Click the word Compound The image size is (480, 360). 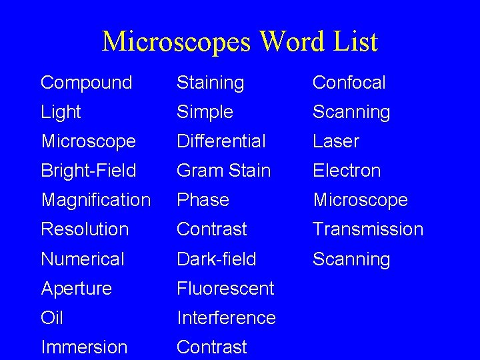point(87,83)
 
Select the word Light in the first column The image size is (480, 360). point(61,112)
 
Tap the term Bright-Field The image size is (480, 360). point(88,171)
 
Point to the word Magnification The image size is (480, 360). point(95,200)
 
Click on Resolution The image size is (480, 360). point(84,229)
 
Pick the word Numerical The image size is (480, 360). point(83,259)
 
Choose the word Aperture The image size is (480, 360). point(76,289)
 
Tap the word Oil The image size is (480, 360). point(52,317)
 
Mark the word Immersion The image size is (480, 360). point(84,347)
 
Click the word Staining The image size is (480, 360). point(210,83)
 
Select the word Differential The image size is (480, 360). point(221,141)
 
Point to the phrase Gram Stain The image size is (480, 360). point(223,171)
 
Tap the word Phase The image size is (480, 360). point(203,200)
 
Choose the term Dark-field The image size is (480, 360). point(216,259)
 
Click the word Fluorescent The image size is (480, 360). point(225,289)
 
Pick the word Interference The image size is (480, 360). point(226,317)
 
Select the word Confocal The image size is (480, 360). point(349,83)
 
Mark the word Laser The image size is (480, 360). point(336,141)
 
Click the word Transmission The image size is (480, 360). point(368,229)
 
